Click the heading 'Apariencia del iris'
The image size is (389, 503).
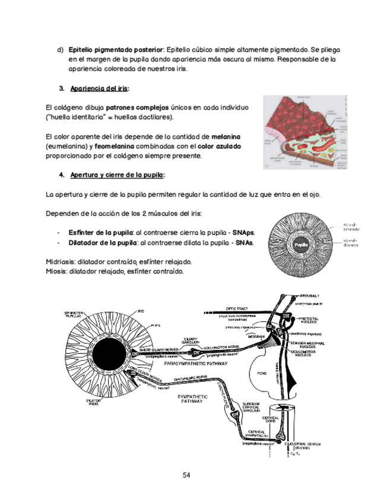coord(99,89)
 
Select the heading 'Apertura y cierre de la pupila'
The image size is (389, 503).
coord(118,176)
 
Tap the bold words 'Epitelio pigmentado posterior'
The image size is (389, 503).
coord(116,50)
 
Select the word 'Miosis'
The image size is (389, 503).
coord(56,272)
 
